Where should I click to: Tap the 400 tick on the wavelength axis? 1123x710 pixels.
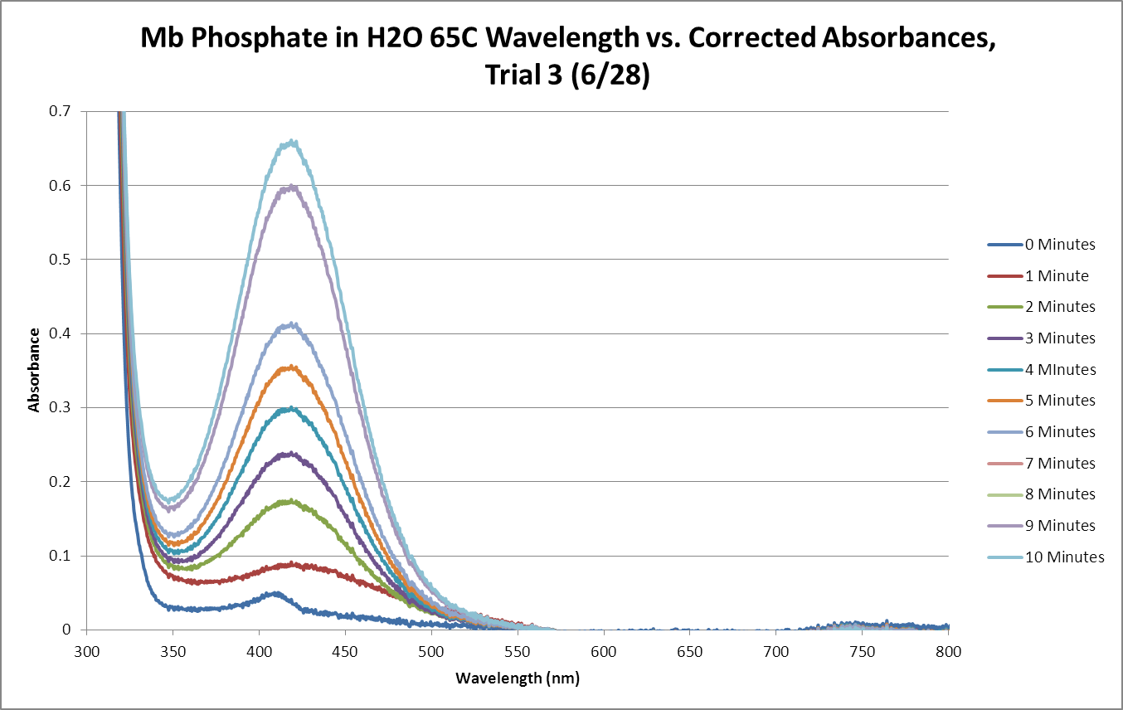(x=259, y=651)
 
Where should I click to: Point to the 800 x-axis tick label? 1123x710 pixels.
(x=948, y=651)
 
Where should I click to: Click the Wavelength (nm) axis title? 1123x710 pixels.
(x=518, y=678)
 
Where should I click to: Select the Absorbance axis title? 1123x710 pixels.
(x=34, y=370)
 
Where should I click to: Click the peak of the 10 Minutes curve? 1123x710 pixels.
(x=292, y=142)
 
